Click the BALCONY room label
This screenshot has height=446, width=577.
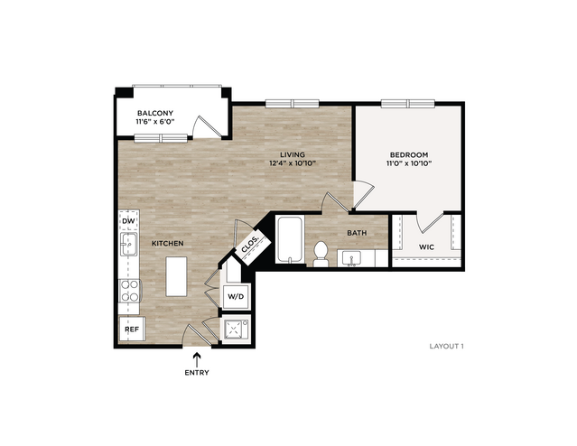(155, 113)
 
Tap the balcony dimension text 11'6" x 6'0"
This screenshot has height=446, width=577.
(155, 122)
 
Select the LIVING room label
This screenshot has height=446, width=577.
(293, 155)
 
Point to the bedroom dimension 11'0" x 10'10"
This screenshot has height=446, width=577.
(409, 163)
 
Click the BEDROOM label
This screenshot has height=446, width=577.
(409, 155)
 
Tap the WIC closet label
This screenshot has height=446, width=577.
(426, 246)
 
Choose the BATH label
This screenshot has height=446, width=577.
(357, 233)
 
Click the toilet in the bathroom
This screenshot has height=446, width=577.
(321, 254)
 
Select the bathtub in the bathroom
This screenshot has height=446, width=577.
(290, 240)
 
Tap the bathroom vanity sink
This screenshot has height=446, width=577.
(351, 258)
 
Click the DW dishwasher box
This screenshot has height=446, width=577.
(129, 221)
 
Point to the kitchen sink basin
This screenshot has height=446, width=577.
(128, 244)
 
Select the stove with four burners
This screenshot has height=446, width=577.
(130, 291)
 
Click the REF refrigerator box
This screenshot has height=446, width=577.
(132, 329)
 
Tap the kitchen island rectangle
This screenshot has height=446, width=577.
(176, 276)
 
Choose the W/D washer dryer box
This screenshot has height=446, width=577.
(237, 296)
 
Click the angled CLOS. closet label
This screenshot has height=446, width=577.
(250, 245)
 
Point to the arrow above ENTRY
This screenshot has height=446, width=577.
(197, 359)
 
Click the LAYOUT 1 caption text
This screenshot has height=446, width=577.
(446, 347)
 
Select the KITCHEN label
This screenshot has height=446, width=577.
(168, 243)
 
